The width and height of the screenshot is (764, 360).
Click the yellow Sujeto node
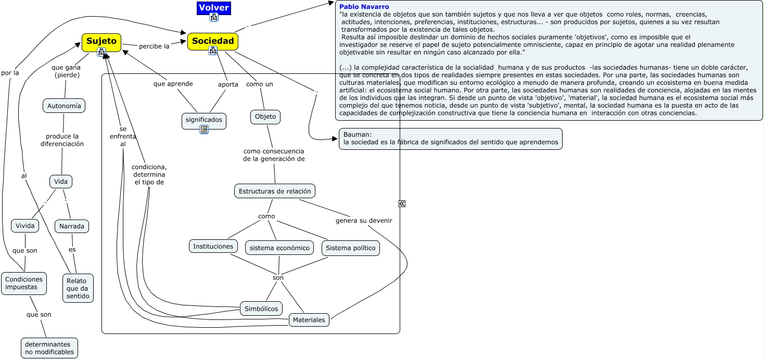pos(101,41)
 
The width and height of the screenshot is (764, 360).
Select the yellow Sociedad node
pos(212,41)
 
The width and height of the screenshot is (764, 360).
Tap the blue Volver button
pos(214,8)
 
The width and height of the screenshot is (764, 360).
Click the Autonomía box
pos(64,106)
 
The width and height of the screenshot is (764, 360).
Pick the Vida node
pos(61,182)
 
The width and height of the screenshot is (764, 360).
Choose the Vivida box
pos(25,226)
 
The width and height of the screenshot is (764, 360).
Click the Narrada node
pos(72,226)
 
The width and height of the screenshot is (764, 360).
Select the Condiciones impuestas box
pos(24,283)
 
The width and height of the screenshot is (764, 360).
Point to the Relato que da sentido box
pos(78,288)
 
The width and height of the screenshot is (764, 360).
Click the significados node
pos(204,120)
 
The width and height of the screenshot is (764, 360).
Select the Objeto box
pos(265,117)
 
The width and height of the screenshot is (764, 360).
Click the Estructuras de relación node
pos(275,191)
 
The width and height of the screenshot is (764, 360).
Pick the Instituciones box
pos(213,246)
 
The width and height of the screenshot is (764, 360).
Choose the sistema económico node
pos(279,248)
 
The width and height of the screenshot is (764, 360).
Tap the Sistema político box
pos(350,248)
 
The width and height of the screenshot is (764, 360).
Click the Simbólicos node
pos(262,308)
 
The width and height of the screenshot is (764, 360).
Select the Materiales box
pos(309,319)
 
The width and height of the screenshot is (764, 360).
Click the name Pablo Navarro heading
pos(364,6)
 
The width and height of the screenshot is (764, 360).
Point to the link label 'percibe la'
pos(154,46)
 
